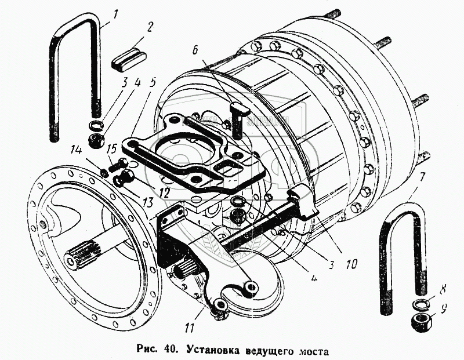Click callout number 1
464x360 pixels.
click(x=115, y=13)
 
